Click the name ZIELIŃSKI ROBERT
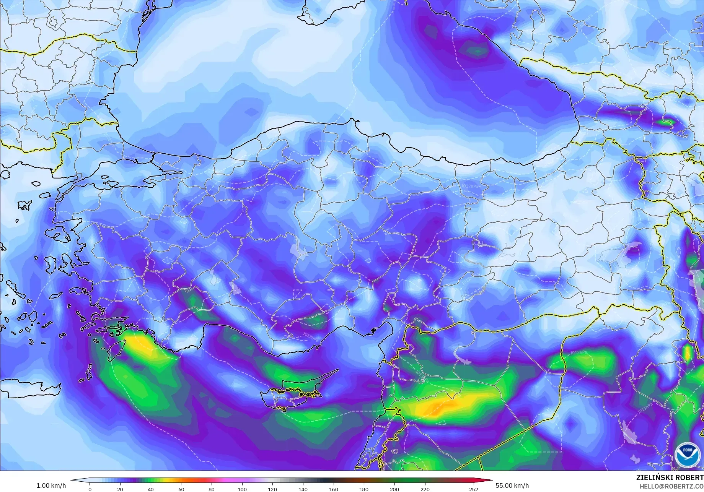[x=670, y=478]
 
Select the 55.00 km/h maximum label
[x=512, y=486]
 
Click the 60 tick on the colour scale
[x=181, y=489]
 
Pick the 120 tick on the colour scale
[x=272, y=489]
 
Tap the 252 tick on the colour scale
[x=474, y=489]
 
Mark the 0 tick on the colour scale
[x=90, y=489]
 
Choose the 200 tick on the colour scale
[x=394, y=489]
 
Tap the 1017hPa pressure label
[x=469, y=186]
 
